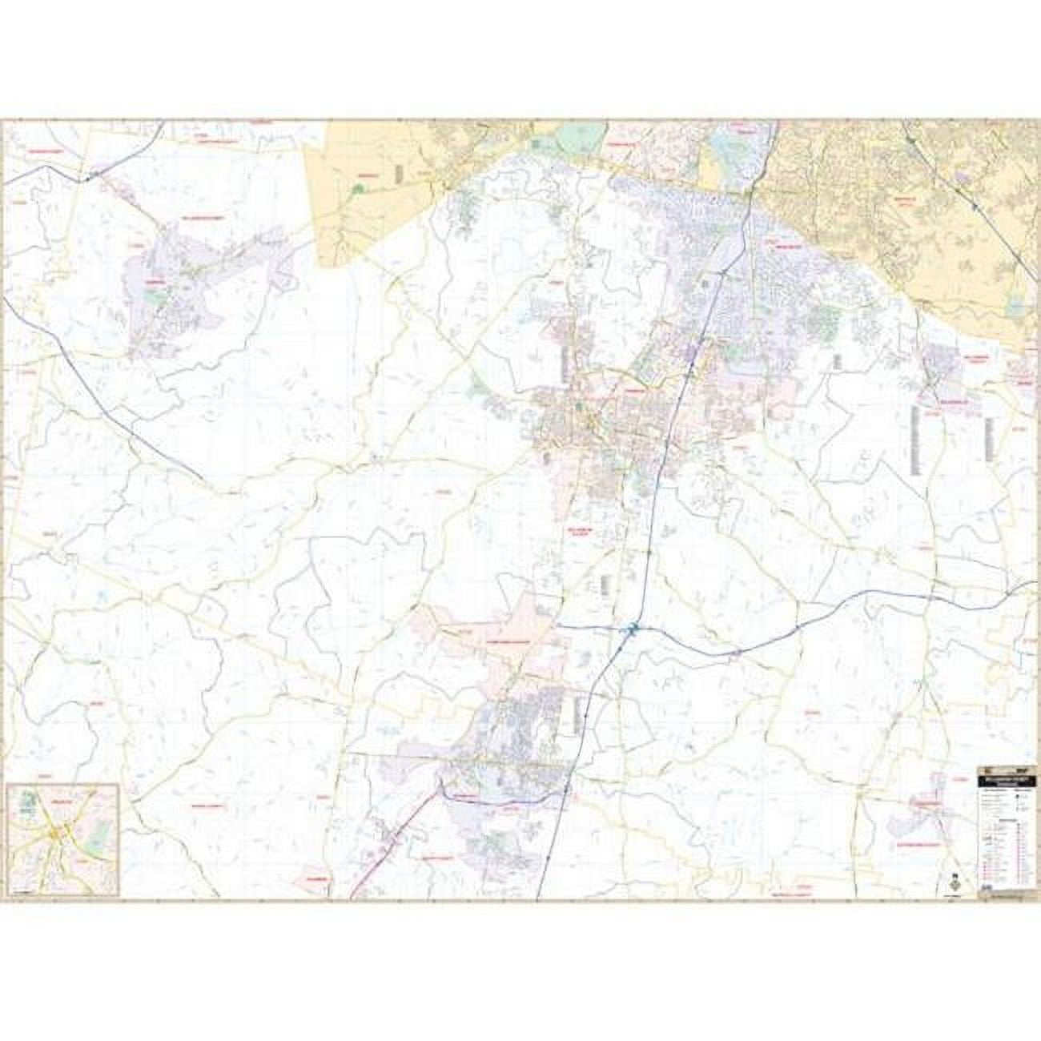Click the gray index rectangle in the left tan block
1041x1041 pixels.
tap(398, 172)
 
